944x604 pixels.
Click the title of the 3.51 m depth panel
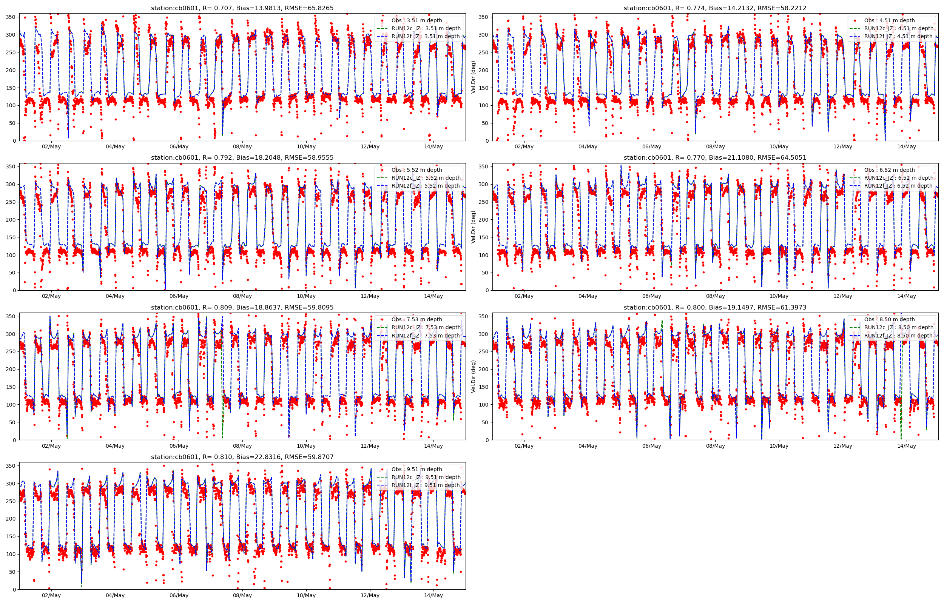[x=242, y=8]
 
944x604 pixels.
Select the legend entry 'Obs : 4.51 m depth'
[x=889, y=20]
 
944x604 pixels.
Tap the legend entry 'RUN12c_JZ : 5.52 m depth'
[x=426, y=178]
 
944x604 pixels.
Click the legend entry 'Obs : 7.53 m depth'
[x=416, y=319]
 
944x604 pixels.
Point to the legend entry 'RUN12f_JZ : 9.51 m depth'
[x=426, y=485]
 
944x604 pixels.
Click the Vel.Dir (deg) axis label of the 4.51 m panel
[x=474, y=77]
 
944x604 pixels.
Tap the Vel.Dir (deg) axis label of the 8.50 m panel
[x=474, y=376]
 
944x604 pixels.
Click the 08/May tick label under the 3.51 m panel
[x=242, y=147]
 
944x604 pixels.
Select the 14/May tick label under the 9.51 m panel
[x=433, y=595]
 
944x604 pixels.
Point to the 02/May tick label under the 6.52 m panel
[x=524, y=296]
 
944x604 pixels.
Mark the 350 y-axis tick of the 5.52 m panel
[x=11, y=167]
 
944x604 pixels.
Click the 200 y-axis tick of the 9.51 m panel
[x=11, y=519]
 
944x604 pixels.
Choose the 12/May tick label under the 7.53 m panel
[x=370, y=446]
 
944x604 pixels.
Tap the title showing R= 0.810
[x=242, y=457]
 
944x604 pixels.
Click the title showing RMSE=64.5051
[x=715, y=158]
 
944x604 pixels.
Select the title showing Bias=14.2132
[x=715, y=8]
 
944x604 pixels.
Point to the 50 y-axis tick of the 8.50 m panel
[x=485, y=422]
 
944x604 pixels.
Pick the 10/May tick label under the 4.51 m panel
[x=779, y=147]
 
